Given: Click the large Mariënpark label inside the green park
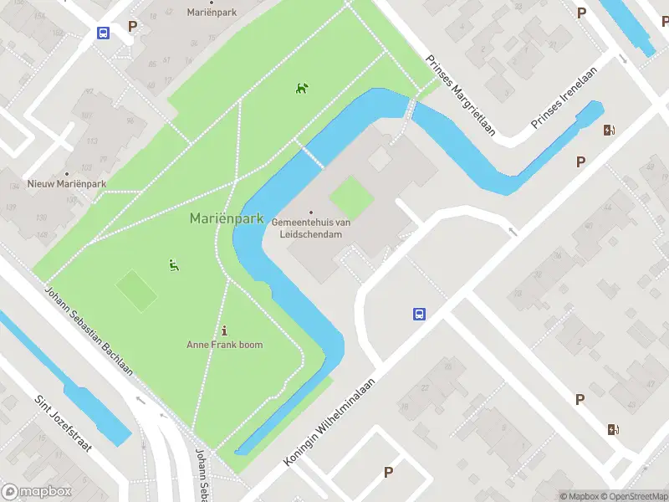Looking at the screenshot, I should click(x=227, y=219).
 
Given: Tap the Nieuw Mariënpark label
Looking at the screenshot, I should click(x=67, y=184).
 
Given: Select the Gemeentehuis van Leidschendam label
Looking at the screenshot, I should click(x=310, y=228).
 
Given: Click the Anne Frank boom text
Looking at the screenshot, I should click(x=224, y=345).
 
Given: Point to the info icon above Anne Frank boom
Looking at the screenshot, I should click(x=224, y=330).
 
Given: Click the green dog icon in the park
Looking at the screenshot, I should click(x=302, y=88).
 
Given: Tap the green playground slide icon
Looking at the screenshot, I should click(x=174, y=266).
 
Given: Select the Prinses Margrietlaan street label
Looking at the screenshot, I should click(x=461, y=95).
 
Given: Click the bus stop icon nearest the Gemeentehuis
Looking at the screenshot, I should click(x=419, y=315).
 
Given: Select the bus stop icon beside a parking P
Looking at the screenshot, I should click(x=103, y=33).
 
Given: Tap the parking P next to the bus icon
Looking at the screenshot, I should click(x=132, y=26).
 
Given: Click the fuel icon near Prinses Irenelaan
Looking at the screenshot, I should click(x=610, y=130).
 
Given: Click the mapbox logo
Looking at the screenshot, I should click(x=36, y=492).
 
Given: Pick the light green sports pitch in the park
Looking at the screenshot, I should click(x=136, y=290).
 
